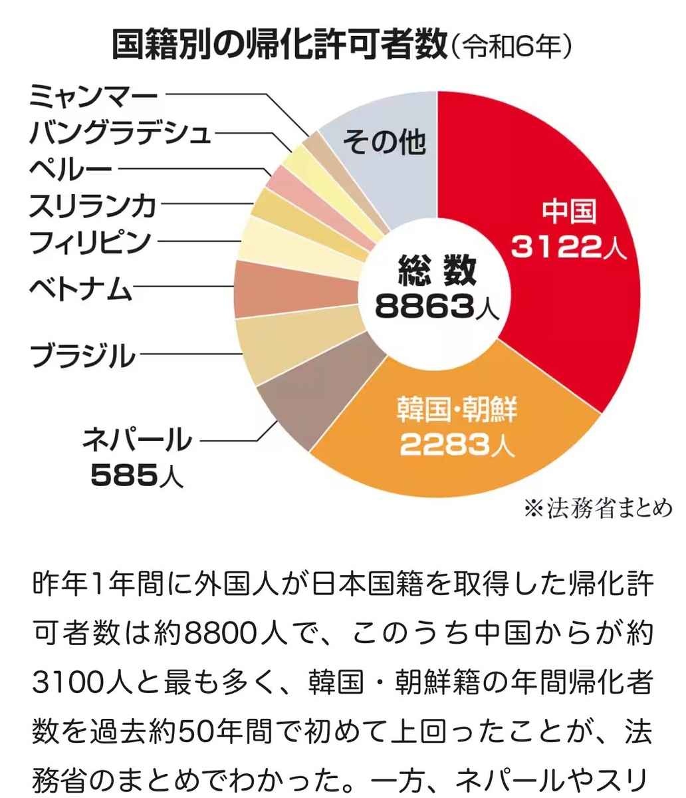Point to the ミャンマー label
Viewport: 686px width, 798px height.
93,99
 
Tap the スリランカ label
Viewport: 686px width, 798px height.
93,205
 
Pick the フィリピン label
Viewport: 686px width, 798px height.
90,241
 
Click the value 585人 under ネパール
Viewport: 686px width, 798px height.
136,475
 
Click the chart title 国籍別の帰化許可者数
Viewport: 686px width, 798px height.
279,46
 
